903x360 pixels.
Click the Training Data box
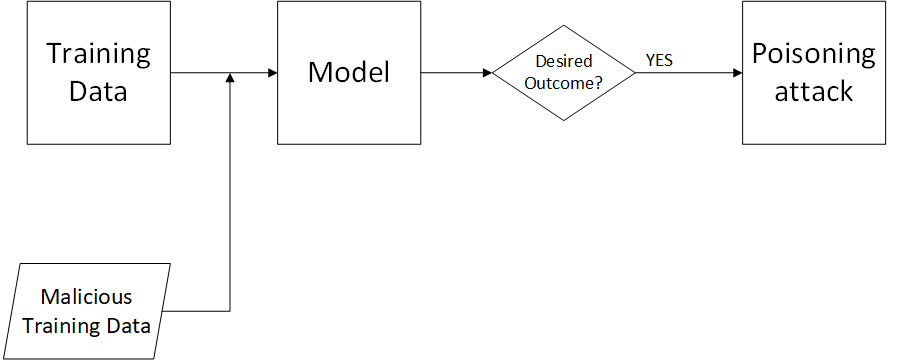coord(98,72)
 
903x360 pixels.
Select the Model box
coord(348,72)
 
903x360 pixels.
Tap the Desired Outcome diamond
coord(564,73)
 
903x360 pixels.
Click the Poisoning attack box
coord(814,72)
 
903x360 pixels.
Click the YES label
coord(659,61)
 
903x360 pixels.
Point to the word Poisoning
coord(814,54)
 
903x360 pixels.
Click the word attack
coord(814,91)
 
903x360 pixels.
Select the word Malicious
coord(86,298)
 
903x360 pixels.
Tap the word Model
coord(348,72)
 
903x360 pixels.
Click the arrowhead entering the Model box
coord(271,73)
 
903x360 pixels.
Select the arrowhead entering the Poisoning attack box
coord(736,73)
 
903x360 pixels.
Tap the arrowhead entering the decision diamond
coord(487,73)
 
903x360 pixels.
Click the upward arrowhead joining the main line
coord(231,79)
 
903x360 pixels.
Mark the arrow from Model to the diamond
coord(455,73)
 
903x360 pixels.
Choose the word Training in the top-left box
coord(98,54)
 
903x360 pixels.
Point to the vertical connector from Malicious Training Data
coord(231,200)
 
